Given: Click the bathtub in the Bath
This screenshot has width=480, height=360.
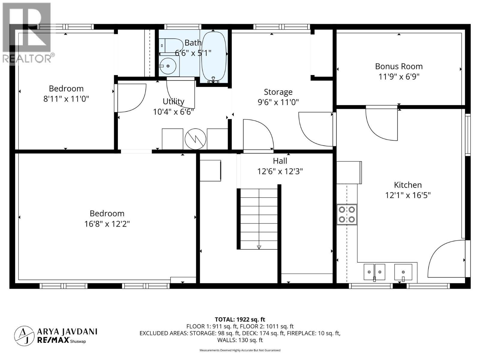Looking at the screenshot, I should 214,56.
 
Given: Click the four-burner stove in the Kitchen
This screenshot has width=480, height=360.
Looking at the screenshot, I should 347,214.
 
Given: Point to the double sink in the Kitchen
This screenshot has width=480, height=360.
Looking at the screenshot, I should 374,272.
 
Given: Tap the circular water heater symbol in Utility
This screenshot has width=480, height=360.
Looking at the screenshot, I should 196,139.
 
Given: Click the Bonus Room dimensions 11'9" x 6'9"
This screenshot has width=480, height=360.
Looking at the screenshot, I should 399,76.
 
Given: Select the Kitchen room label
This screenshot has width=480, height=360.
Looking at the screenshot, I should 408,185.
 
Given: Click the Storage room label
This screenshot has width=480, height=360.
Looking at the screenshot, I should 278,92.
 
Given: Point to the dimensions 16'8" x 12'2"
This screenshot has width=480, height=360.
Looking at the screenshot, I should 107,224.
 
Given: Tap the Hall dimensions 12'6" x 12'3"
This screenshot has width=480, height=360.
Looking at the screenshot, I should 280,171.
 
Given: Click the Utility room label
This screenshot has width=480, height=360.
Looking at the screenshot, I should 173,101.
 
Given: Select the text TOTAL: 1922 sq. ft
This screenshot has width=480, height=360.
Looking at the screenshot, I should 240,319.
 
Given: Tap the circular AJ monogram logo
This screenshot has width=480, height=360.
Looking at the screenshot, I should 24,336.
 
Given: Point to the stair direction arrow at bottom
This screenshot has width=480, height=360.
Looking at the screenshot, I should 259,247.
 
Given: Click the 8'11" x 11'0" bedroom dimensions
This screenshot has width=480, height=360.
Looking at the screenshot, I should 66,99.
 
